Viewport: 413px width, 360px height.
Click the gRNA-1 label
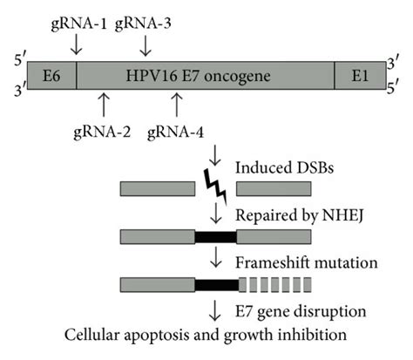76,24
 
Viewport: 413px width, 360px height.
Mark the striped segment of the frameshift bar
274,282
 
